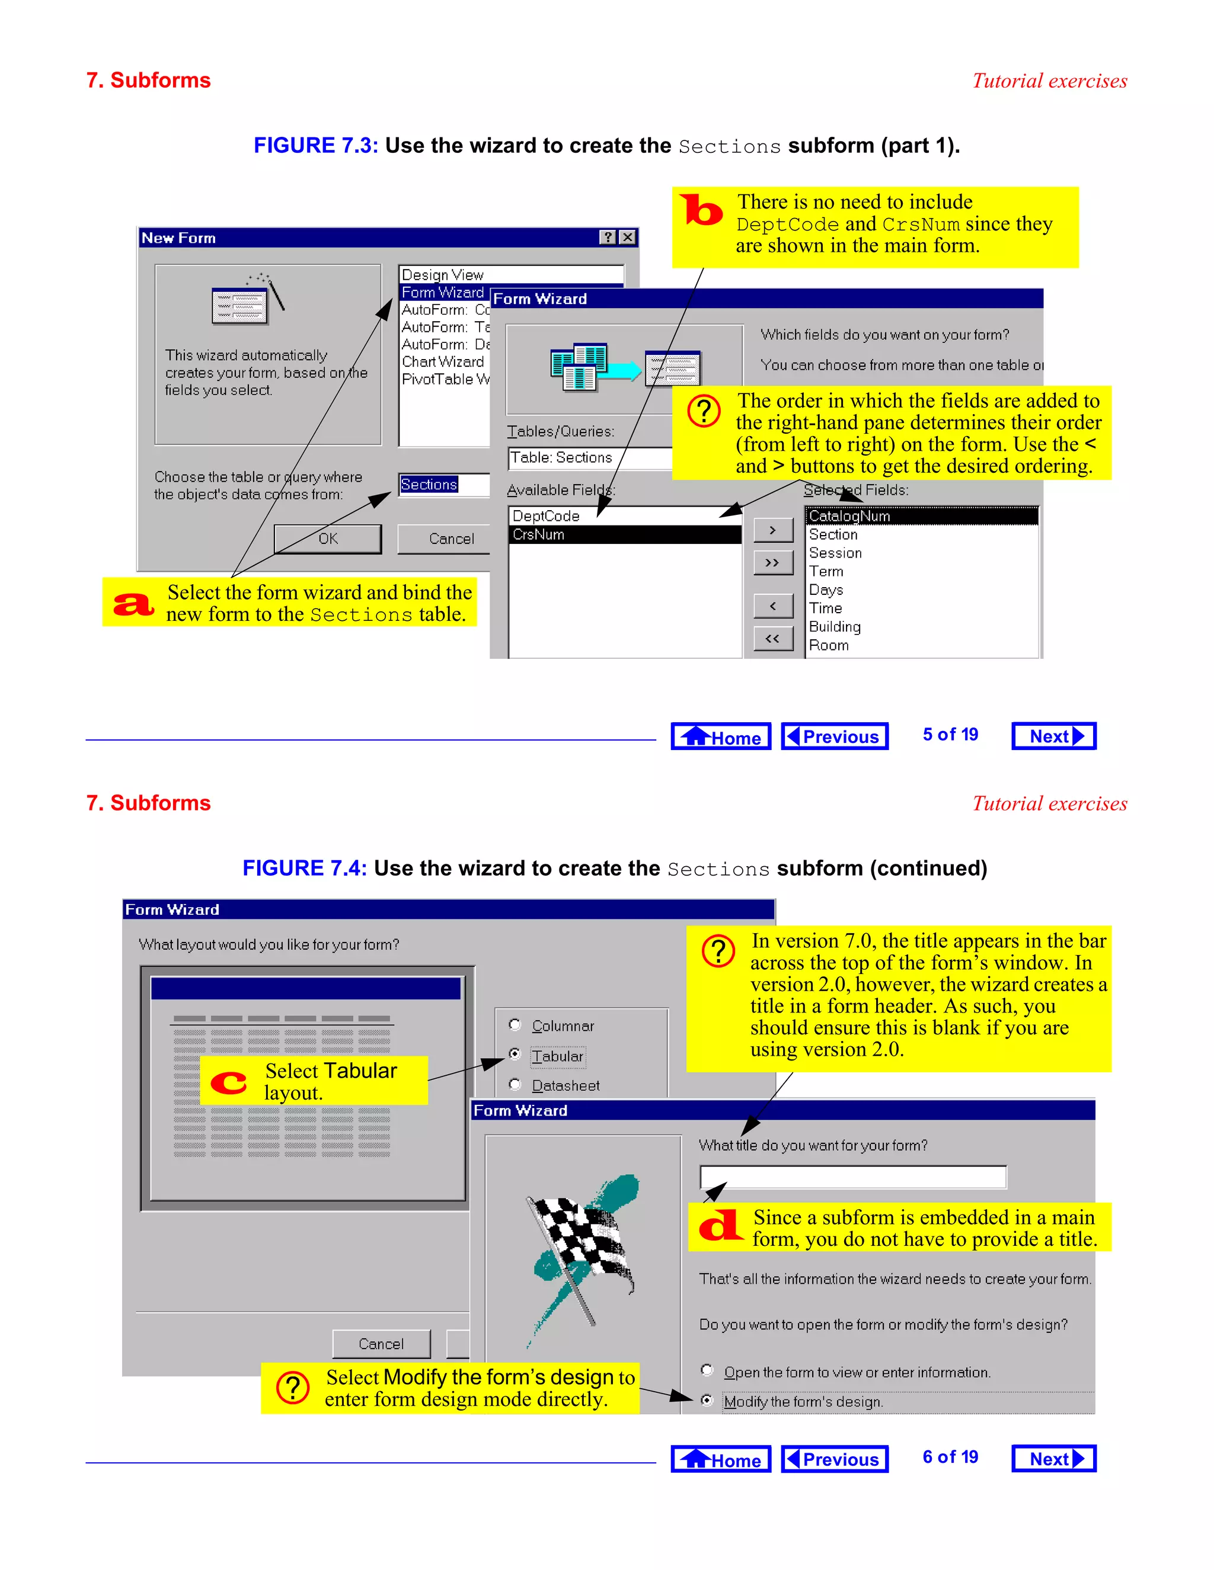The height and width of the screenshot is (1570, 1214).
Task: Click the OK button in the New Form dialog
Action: (328, 539)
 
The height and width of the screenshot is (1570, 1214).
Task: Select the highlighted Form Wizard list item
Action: (442, 292)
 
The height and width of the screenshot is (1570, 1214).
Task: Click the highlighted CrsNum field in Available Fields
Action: (624, 534)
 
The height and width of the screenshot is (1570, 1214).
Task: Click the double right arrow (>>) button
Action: (772, 562)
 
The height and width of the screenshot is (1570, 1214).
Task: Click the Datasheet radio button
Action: (515, 1084)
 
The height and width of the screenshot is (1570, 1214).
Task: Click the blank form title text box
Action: (852, 1177)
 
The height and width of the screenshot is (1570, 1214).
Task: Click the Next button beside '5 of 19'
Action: (1053, 736)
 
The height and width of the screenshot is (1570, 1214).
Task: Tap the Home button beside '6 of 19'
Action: (721, 1459)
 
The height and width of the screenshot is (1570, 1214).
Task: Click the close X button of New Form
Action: (628, 237)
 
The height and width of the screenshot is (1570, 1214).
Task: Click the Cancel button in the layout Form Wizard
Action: (381, 1344)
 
